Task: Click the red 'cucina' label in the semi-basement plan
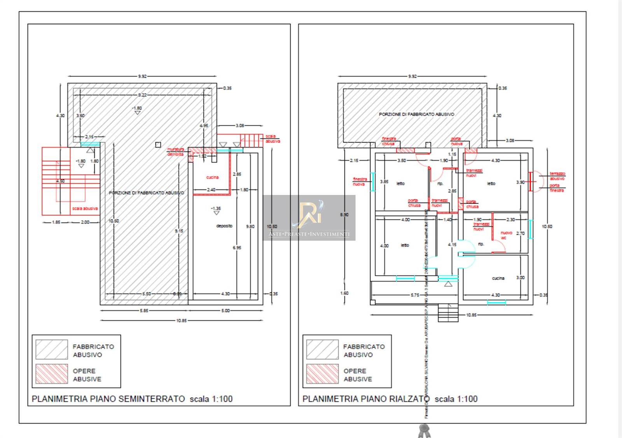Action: point(212,177)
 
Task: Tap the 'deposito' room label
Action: point(224,226)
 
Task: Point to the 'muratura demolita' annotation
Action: point(176,152)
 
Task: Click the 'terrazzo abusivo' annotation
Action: point(557,176)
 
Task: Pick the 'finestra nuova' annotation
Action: point(360,181)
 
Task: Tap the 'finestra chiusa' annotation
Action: point(388,141)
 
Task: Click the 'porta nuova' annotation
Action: point(456,141)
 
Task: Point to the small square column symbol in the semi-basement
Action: point(158,145)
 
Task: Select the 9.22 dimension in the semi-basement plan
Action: point(142,95)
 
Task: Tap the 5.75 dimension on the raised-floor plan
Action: point(415,295)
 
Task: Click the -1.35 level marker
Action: point(216,209)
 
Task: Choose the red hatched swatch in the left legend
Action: point(51,374)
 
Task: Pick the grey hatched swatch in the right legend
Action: point(322,349)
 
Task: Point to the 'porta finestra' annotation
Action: point(557,188)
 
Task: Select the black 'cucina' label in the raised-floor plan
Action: point(498,278)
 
